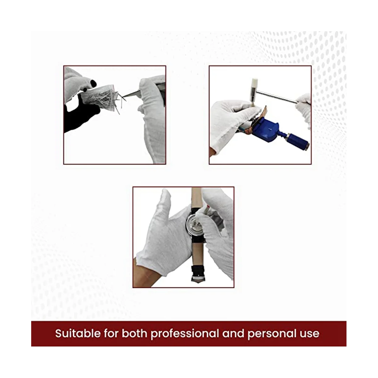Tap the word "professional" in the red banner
click(185, 334)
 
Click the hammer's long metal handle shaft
click(277, 97)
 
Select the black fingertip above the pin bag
click(93, 83)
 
